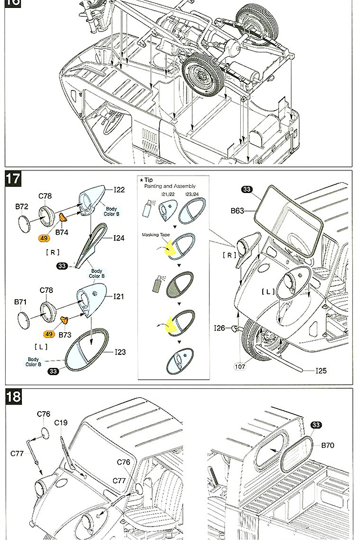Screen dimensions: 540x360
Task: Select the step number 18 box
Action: point(13,397)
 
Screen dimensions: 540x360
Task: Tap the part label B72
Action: point(21,207)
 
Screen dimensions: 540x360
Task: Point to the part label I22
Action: point(119,190)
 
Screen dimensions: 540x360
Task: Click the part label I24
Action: point(119,238)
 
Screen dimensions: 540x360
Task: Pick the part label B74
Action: point(61,231)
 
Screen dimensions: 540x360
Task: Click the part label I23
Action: point(120,352)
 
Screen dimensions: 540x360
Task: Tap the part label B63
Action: point(237,211)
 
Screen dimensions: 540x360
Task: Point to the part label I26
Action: point(219,328)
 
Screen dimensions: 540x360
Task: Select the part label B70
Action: point(327,445)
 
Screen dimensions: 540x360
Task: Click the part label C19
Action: point(61,422)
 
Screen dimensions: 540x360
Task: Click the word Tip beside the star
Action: point(148,179)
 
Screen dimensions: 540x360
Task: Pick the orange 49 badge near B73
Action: point(49,334)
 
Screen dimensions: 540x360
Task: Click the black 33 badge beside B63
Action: point(247,190)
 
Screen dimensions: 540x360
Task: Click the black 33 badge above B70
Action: point(316,425)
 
